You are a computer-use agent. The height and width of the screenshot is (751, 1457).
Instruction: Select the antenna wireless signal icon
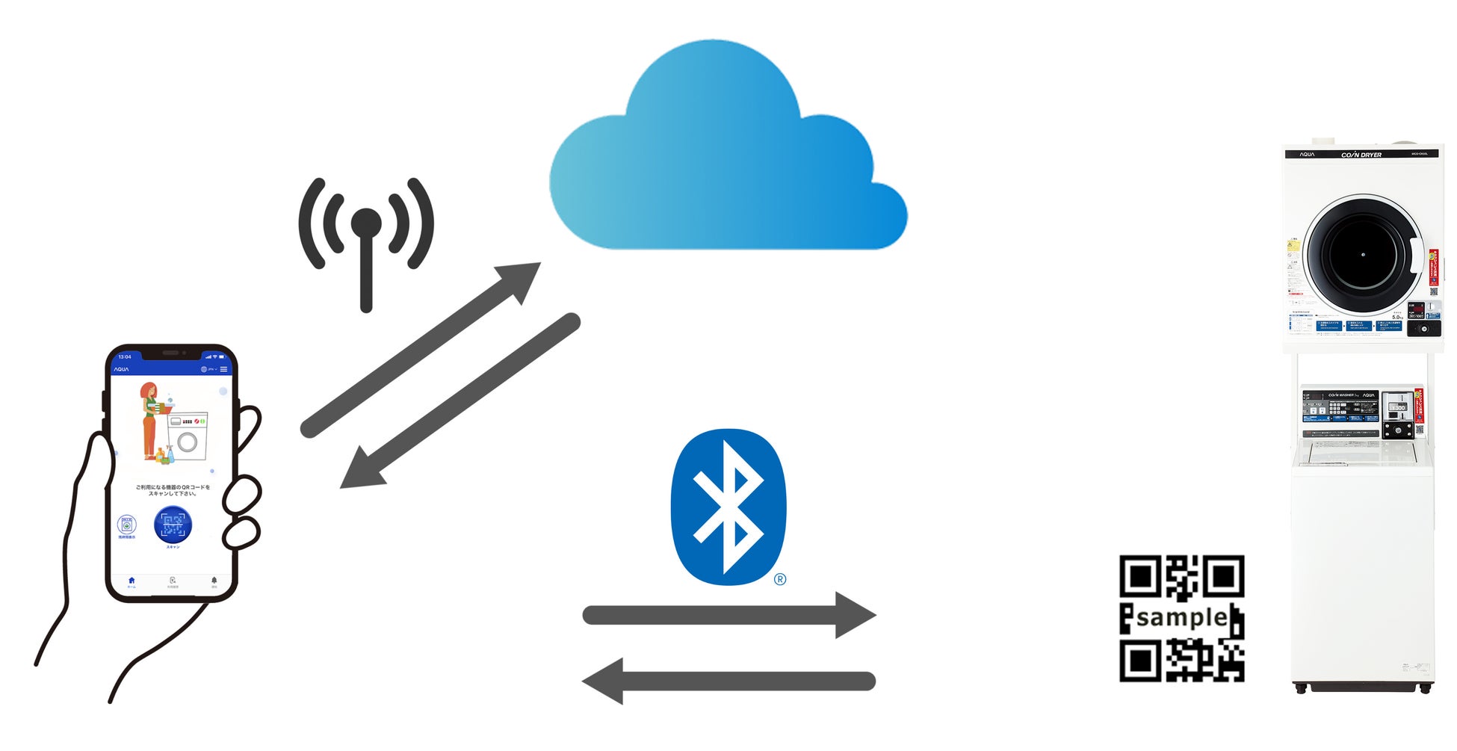point(365,239)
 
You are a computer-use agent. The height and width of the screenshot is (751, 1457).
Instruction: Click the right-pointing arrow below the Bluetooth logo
point(728,615)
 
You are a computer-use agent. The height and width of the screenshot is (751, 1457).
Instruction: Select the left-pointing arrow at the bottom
point(728,681)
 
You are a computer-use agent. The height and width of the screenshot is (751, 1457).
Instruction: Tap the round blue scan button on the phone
point(173,524)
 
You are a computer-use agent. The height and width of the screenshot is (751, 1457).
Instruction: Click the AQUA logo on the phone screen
point(121,369)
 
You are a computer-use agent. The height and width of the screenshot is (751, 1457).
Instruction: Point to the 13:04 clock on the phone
point(125,356)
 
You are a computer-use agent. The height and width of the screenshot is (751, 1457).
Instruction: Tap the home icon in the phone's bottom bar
point(132,581)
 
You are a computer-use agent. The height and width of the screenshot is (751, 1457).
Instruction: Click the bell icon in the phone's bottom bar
point(214,581)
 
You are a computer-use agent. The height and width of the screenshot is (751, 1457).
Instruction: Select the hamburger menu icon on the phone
point(223,369)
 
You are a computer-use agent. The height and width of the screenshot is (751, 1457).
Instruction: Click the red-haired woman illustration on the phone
point(150,418)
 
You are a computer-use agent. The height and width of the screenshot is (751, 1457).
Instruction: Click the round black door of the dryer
point(1361,254)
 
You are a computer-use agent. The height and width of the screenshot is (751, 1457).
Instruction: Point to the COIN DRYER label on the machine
point(1361,155)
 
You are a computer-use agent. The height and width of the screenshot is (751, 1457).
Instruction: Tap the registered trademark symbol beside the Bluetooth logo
point(780,579)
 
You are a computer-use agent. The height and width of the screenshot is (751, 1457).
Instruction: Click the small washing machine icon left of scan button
point(127,524)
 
